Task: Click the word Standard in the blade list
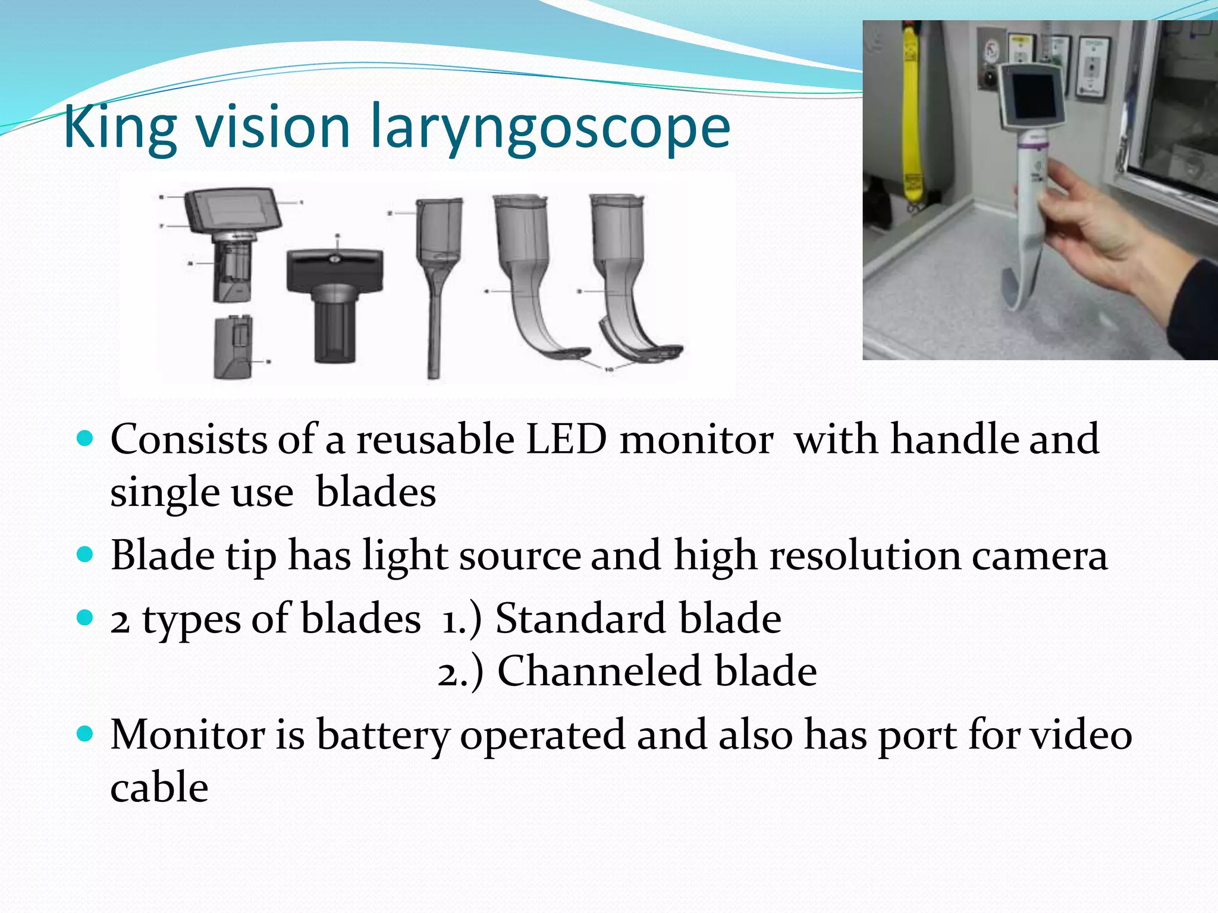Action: point(580,619)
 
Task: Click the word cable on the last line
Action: point(159,788)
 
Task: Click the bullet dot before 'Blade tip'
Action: point(86,555)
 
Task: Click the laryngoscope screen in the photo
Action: point(1034,97)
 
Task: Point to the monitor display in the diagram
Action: point(233,210)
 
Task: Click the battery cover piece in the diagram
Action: point(234,348)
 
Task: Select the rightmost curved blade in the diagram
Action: point(624,279)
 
